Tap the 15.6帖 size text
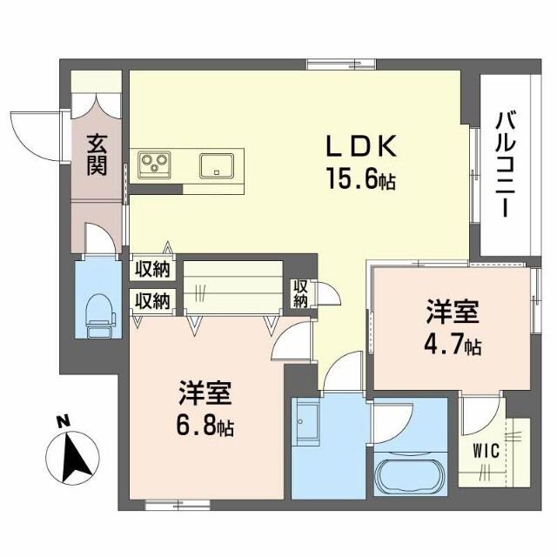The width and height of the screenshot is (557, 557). (362, 181)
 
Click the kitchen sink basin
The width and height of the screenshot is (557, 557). (215, 164)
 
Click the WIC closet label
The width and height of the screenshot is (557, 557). (486, 450)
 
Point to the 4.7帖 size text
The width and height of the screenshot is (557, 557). (453, 346)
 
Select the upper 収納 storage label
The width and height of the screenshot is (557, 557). (151, 270)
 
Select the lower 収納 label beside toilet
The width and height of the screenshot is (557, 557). (151, 301)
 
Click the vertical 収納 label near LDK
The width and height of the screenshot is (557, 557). (300, 294)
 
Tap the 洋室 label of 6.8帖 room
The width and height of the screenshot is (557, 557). (205, 393)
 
